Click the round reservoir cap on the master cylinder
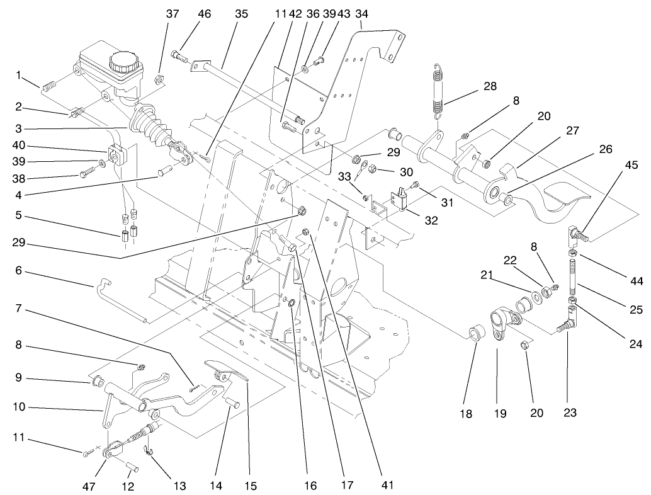point(120,62)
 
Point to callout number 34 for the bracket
point(361,13)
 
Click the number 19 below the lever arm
point(499,414)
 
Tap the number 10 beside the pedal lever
point(19,407)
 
